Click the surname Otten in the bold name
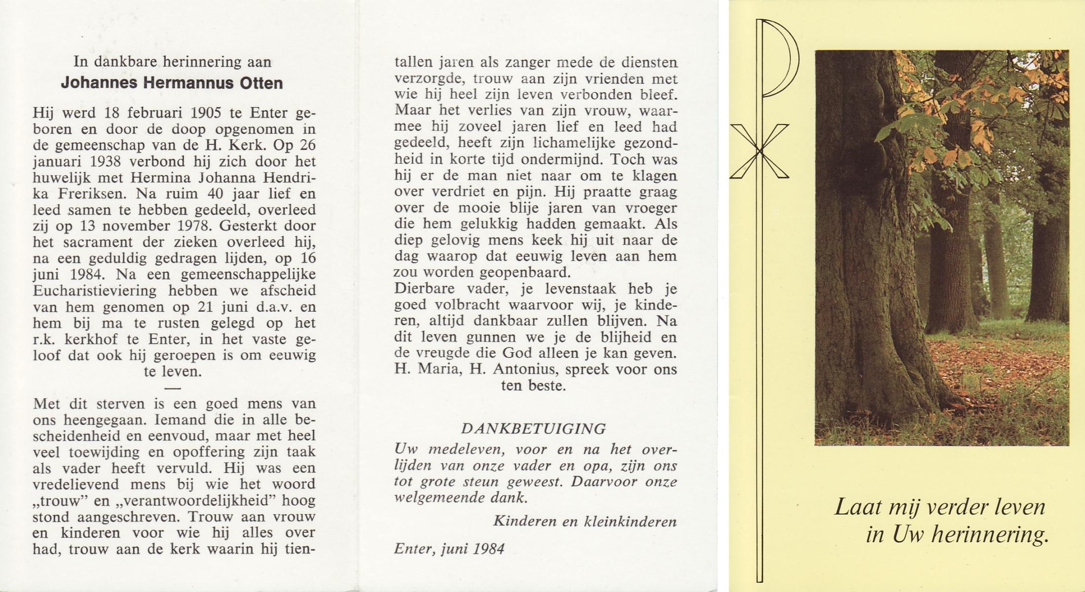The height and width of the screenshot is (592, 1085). (x=261, y=83)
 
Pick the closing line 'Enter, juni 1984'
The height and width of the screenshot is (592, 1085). (x=449, y=549)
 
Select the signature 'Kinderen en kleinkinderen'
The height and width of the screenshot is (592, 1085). (x=585, y=521)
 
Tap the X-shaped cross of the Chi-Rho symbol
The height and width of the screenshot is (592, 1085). (x=759, y=151)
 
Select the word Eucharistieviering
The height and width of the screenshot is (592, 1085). (x=95, y=291)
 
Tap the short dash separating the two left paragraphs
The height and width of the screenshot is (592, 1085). (x=172, y=388)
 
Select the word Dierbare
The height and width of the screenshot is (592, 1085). (x=425, y=289)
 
